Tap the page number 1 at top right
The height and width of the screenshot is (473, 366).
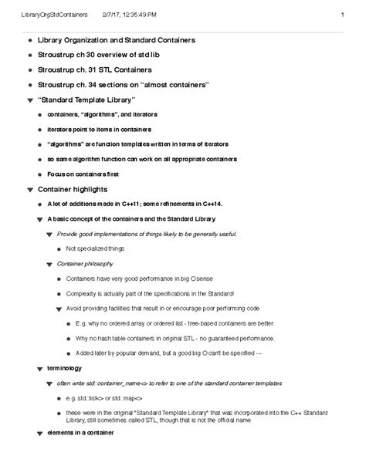pyautogui.click(x=341, y=15)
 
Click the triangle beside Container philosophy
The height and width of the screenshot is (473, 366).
pyautogui.click(x=50, y=263)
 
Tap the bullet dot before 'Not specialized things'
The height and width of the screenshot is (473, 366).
pyautogui.click(x=60, y=248)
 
